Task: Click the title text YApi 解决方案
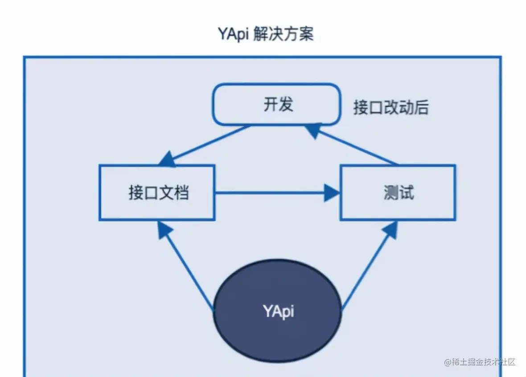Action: click(266, 34)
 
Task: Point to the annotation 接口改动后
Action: click(391, 107)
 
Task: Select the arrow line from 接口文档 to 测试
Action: click(267, 193)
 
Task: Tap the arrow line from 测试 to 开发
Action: click(357, 146)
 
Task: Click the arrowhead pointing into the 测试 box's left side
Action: click(332, 193)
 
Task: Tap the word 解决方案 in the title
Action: click(284, 34)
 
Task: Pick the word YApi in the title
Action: click(234, 34)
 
